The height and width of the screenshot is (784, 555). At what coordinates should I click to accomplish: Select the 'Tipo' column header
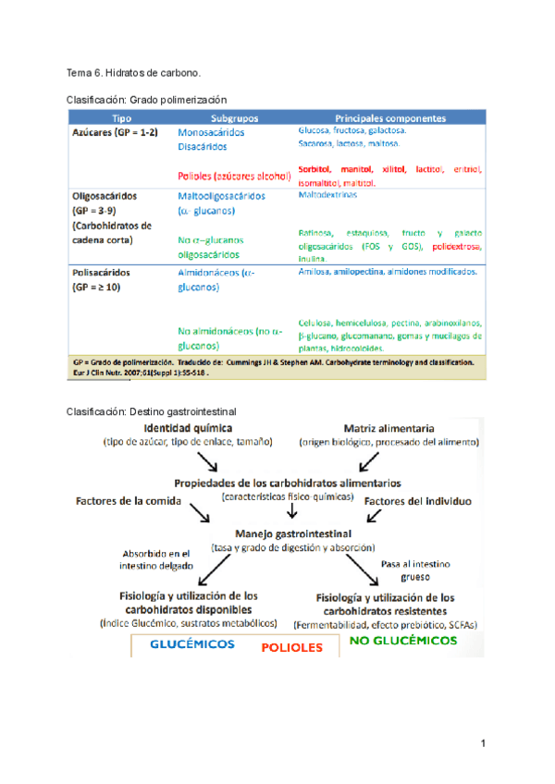click(x=122, y=119)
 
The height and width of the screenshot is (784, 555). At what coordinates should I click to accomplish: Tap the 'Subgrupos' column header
click(x=234, y=119)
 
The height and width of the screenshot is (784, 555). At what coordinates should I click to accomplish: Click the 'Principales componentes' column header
click(x=390, y=119)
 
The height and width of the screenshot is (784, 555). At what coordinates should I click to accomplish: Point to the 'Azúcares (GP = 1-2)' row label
click(x=116, y=133)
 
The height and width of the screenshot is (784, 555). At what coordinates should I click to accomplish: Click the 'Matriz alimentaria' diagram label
click(x=389, y=429)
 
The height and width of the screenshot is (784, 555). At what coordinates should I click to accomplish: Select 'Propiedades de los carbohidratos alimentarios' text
click(x=288, y=483)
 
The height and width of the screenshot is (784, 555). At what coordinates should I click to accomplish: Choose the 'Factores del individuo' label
click(x=418, y=501)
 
